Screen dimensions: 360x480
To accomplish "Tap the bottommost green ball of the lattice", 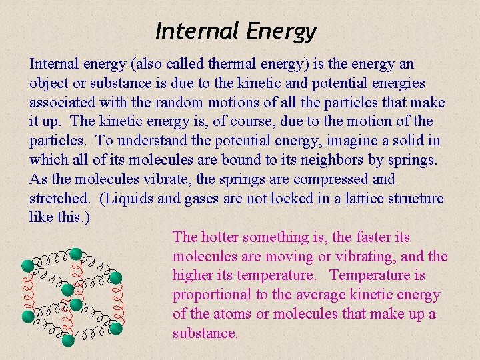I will pyautogui.click(x=68, y=340).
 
